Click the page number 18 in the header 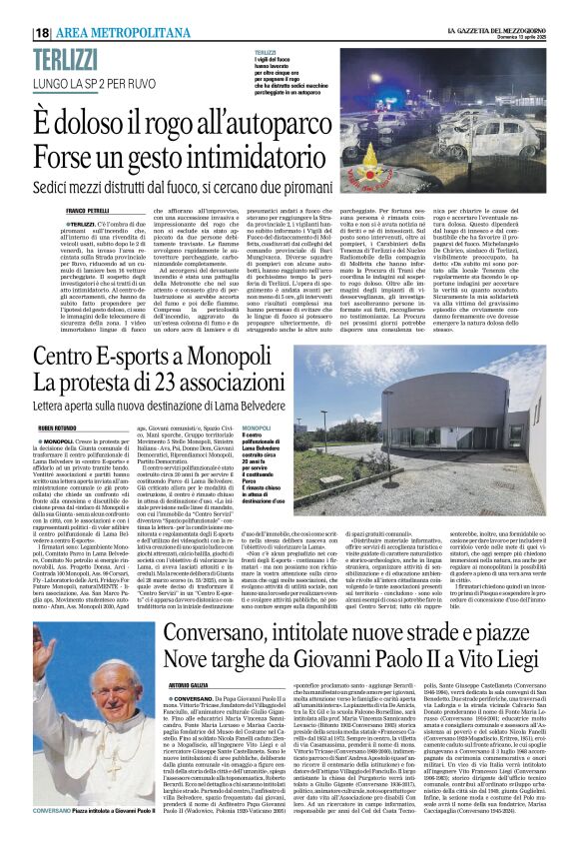[x=44, y=32]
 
